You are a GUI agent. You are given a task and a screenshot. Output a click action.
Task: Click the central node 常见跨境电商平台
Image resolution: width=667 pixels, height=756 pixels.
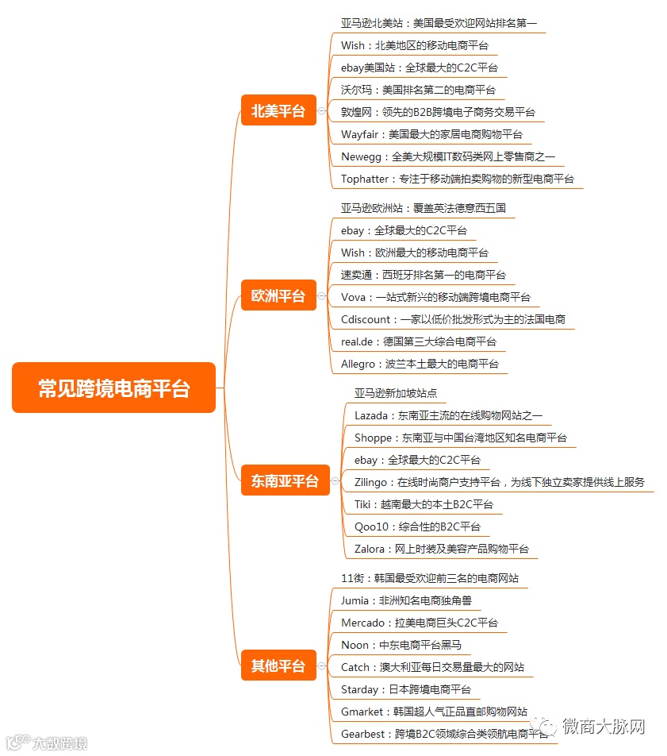(x=113, y=388)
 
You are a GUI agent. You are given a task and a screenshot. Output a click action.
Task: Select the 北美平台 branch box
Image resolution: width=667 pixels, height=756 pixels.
(x=278, y=111)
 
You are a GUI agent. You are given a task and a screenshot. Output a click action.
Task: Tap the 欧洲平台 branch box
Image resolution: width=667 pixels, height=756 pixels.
(x=278, y=296)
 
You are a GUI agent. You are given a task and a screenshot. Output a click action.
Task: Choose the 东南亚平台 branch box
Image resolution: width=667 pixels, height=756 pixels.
(x=285, y=480)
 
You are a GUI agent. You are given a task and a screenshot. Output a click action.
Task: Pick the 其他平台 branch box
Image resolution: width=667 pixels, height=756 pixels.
(x=278, y=666)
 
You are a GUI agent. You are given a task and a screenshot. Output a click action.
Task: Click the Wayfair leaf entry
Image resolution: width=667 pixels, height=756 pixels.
(x=431, y=134)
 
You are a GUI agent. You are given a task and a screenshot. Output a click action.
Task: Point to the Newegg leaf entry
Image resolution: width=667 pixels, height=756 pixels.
(x=448, y=156)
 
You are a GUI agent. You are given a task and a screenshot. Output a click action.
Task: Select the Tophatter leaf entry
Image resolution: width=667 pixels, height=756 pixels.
(x=458, y=179)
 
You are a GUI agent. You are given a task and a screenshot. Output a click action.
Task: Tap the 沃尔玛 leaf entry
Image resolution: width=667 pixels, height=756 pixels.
(x=418, y=90)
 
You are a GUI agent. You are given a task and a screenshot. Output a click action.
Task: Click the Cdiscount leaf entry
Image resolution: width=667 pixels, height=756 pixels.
(x=453, y=319)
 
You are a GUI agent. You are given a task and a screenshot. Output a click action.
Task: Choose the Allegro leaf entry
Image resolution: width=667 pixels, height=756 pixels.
(x=420, y=364)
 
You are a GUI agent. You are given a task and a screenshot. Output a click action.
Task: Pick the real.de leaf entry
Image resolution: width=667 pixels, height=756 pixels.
(x=418, y=341)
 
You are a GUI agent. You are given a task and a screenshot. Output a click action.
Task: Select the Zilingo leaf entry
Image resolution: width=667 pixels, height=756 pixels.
(x=499, y=482)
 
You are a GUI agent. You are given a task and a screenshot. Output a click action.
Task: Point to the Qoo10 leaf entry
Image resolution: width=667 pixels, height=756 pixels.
(x=417, y=526)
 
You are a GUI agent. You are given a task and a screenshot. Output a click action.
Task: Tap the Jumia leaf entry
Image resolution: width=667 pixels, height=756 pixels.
(x=406, y=600)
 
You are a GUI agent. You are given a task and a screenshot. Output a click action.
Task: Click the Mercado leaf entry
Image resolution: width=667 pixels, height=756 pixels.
(x=420, y=623)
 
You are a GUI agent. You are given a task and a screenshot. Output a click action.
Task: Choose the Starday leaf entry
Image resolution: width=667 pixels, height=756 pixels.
(x=405, y=689)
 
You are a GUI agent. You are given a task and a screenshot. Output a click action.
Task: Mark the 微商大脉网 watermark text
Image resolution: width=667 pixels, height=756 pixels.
(x=603, y=726)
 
